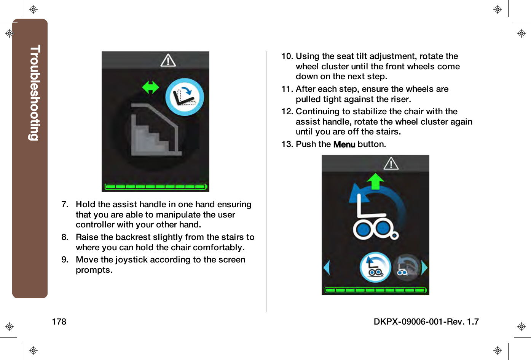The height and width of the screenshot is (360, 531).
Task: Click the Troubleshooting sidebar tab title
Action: click(x=35, y=93)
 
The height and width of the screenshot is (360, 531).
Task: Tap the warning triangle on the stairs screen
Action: click(x=168, y=60)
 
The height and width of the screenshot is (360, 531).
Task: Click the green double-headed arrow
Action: click(x=151, y=87)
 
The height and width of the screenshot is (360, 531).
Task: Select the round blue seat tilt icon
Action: click(x=185, y=97)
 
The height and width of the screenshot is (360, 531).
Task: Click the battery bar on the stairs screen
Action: click(x=156, y=187)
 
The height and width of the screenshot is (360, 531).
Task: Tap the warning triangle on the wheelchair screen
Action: click(x=391, y=163)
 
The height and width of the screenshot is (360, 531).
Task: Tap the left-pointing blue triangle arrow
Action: click(x=327, y=268)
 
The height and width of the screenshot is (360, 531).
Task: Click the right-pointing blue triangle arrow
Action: click(x=424, y=268)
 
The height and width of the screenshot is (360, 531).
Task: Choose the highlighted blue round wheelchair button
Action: click(x=375, y=267)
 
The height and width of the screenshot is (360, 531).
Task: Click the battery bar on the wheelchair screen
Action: click(x=375, y=290)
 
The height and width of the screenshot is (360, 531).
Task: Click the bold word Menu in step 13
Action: click(x=344, y=144)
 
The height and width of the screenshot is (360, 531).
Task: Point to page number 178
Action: click(x=59, y=322)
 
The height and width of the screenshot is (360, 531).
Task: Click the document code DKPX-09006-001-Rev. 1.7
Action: click(x=426, y=322)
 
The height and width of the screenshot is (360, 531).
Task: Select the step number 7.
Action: click(x=65, y=205)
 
